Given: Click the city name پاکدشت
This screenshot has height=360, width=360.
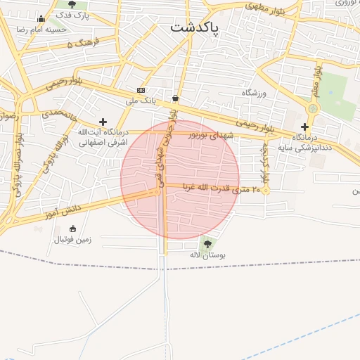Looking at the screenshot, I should coord(194,28).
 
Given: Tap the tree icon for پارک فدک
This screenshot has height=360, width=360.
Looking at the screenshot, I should coord(72,4).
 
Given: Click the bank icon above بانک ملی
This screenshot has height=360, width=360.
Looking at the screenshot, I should coord(141,91).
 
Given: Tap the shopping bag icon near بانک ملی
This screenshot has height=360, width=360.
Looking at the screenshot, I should coord(174,98).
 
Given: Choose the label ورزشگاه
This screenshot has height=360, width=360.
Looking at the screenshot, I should coord(256,93).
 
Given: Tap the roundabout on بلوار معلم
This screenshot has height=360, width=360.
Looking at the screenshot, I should coord(312,109).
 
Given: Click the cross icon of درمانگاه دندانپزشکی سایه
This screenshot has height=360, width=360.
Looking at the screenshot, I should coord(304,127).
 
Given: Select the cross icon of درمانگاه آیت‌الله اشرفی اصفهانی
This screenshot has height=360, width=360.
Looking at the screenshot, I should coord(103,122).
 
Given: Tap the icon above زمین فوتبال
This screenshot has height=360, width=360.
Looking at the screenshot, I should coord(72,229).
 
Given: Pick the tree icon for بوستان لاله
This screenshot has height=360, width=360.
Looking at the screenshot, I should coord(207,243).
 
